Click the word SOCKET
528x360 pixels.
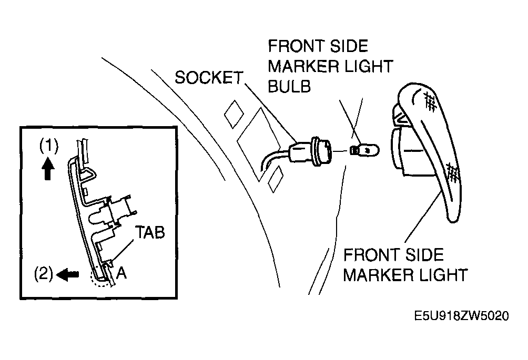pos(209,77)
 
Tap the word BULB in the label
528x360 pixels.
pos(289,87)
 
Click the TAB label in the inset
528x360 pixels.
pos(150,232)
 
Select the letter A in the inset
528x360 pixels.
pos(121,273)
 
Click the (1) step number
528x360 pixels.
pos(49,146)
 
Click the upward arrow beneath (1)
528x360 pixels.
pos(48,169)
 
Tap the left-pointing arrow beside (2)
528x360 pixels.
pos(68,274)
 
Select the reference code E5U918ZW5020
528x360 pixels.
pos(461,316)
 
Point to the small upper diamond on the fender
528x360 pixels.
pos(234,114)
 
